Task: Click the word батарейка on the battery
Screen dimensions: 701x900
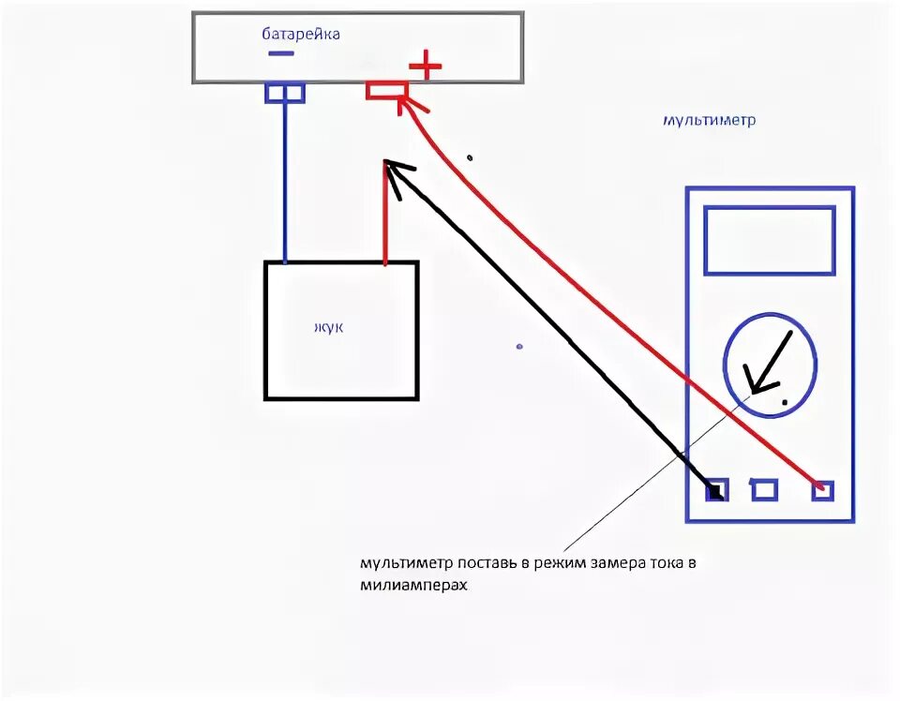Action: coord(301,34)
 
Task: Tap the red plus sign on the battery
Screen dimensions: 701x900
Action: coord(425,66)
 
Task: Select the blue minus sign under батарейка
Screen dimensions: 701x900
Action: coord(280,53)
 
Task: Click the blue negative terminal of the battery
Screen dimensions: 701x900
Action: coord(284,92)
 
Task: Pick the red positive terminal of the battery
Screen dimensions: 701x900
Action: coord(385,91)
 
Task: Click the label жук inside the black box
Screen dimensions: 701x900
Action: coord(328,327)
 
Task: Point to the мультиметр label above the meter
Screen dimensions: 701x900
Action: coord(709,121)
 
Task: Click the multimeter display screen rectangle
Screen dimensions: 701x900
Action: coord(769,241)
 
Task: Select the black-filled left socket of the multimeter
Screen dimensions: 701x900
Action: coord(716,490)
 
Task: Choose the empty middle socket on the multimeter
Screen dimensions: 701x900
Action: coord(765,489)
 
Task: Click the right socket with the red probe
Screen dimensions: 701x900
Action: coord(822,488)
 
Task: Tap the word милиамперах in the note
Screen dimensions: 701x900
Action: coord(413,584)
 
